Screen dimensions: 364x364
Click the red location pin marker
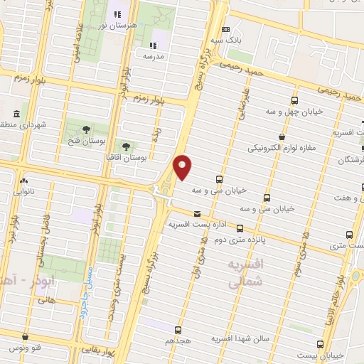183,166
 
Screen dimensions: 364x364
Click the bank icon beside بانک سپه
226,29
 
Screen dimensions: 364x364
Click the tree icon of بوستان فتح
86,129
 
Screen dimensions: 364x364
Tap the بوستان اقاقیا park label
125,156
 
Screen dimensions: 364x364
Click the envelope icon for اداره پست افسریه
197,213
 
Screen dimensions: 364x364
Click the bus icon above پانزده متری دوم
240,228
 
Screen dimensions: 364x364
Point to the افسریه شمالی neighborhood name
246,273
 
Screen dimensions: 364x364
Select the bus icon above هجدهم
178,329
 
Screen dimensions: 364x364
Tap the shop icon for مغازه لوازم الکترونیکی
282,136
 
